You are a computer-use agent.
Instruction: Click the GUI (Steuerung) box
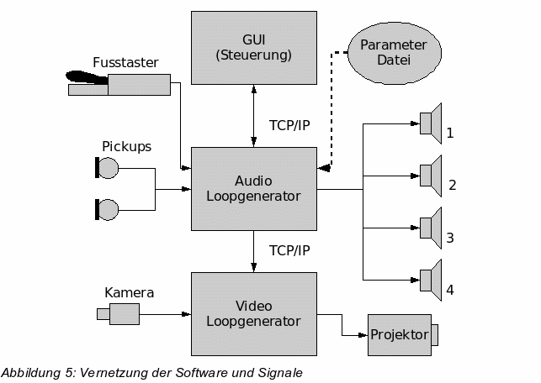point(254,48)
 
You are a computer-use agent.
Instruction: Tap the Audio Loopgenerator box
point(254,188)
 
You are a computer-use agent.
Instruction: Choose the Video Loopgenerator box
point(254,313)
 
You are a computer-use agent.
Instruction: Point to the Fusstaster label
point(125,62)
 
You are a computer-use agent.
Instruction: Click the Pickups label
point(126,146)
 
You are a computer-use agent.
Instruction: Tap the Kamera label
point(129,293)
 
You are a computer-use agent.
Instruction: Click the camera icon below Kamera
point(119,314)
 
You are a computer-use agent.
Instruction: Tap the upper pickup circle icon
point(106,169)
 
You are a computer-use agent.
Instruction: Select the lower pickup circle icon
point(106,209)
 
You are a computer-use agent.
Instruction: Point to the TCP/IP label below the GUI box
point(289,126)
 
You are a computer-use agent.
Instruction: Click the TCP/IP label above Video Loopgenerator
point(289,251)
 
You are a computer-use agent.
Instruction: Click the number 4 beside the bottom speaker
point(450,290)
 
